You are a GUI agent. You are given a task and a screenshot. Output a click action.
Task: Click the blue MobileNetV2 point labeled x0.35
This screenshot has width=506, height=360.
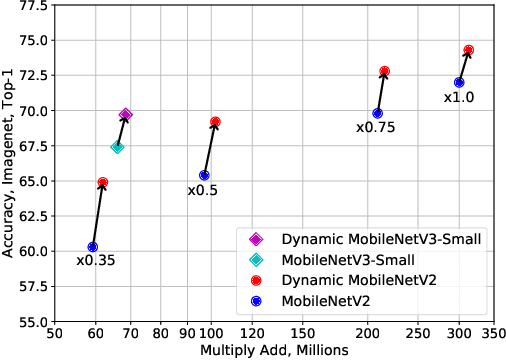tap(93, 247)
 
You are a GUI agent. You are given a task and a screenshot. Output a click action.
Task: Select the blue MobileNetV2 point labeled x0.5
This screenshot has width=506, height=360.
tap(204, 175)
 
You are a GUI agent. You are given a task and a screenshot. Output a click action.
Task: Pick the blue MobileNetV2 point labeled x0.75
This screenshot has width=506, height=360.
tap(377, 114)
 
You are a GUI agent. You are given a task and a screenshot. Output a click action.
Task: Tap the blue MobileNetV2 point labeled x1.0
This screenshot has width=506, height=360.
tap(459, 82)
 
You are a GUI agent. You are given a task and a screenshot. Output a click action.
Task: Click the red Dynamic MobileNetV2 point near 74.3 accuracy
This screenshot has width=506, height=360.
tap(469, 50)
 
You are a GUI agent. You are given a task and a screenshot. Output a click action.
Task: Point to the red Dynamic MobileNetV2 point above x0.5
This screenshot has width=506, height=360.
tap(215, 122)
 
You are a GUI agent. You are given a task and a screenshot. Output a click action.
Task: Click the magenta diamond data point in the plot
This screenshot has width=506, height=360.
tap(126, 114)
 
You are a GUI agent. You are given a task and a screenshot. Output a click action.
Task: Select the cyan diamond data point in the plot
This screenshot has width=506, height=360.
tap(117, 147)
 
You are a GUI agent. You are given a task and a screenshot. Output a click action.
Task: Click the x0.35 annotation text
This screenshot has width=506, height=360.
tap(96, 261)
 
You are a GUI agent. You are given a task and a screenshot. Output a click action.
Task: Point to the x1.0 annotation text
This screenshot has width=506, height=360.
tap(459, 97)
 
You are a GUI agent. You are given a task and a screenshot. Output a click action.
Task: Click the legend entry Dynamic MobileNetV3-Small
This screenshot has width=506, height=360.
tap(368, 239)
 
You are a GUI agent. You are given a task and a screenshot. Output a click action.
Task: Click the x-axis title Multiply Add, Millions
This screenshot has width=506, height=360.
tap(274, 351)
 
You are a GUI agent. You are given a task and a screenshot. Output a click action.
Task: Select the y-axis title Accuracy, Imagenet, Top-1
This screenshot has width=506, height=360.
tap(9, 164)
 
